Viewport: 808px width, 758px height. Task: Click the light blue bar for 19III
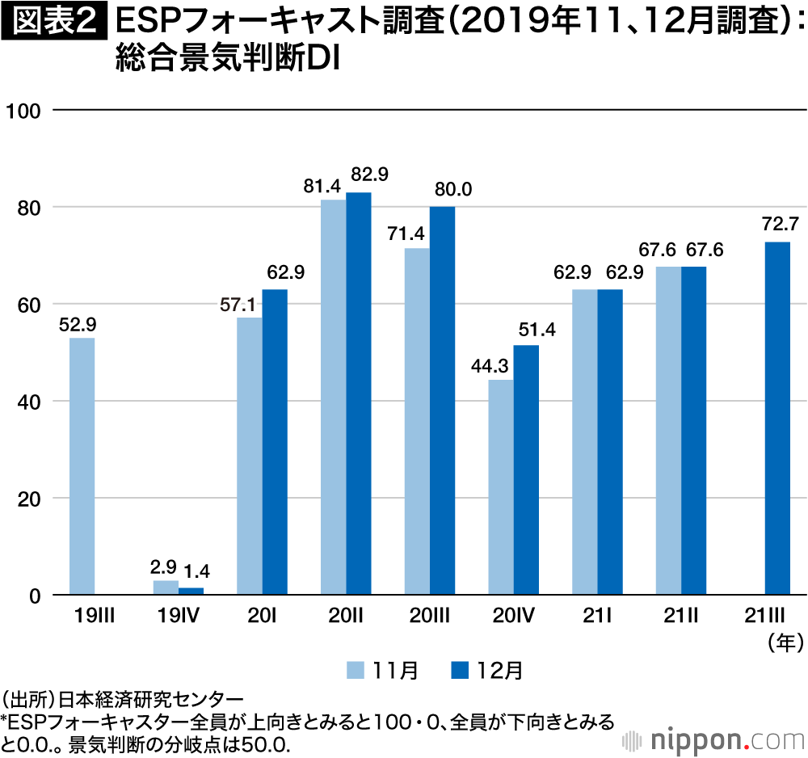pos(82,466)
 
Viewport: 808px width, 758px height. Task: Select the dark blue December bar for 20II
pos(359,394)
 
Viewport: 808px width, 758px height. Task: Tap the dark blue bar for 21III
pos(777,419)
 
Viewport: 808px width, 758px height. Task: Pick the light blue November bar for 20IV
pos(501,487)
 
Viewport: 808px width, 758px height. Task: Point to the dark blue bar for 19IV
pos(191,592)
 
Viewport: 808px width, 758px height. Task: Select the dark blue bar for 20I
pos(275,442)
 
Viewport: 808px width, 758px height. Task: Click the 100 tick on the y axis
pos(24,110)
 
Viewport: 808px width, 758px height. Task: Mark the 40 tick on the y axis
pos(28,402)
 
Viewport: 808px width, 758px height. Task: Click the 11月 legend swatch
pos(356,670)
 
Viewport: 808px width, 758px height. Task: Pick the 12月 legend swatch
pos(461,670)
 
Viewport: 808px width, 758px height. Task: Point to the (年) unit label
pos(783,643)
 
